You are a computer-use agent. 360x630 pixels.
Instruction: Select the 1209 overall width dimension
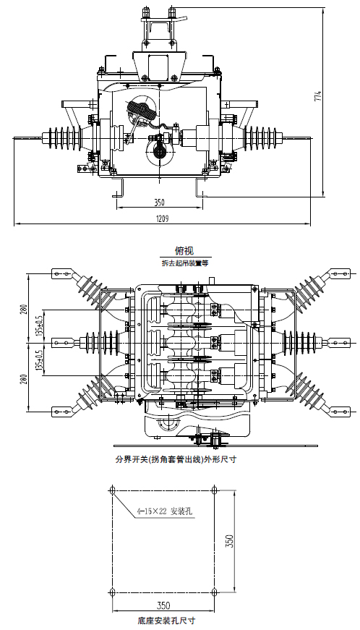click(x=162, y=218)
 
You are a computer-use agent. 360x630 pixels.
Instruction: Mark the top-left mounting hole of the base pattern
click(x=111, y=491)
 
